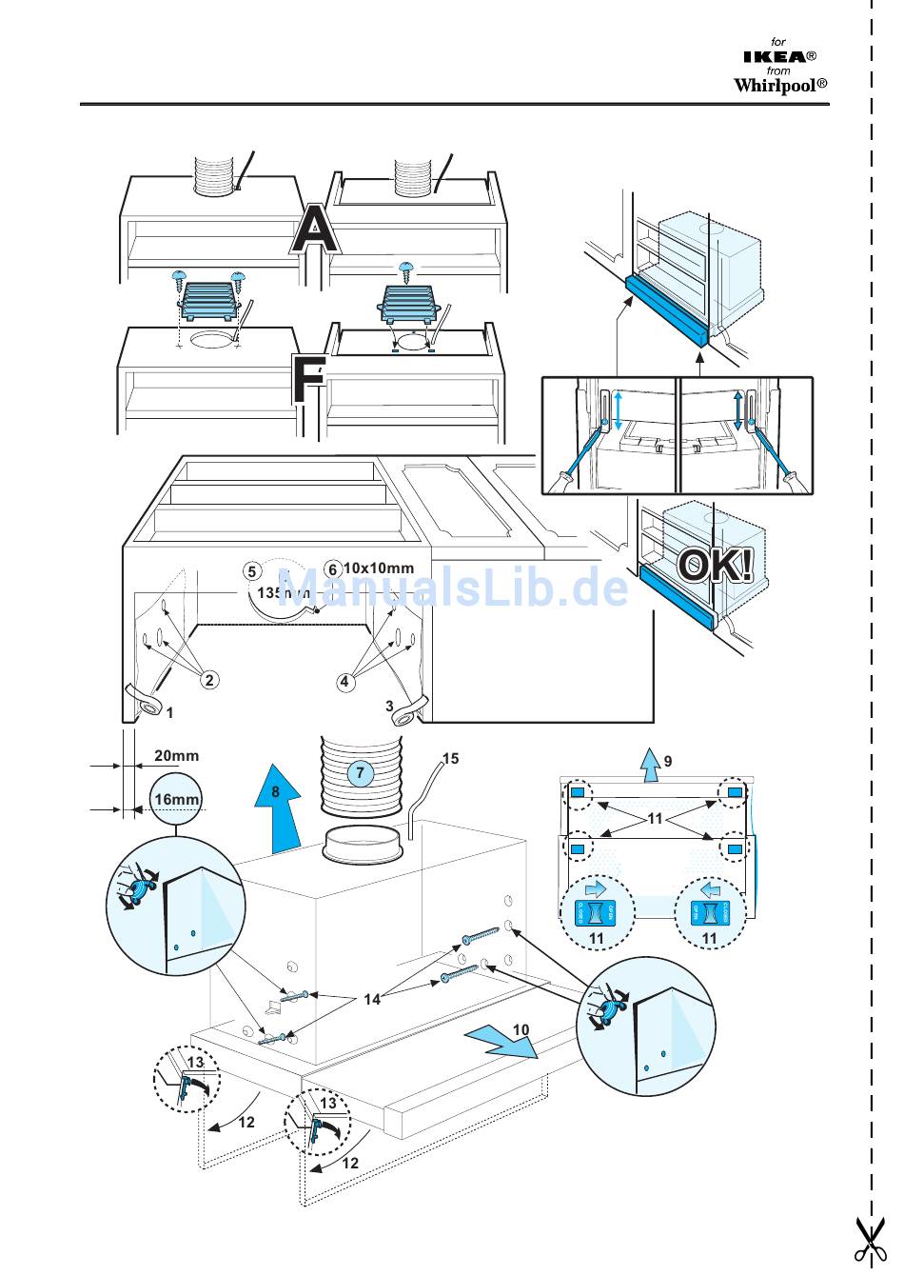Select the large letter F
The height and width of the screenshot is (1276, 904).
click(308, 380)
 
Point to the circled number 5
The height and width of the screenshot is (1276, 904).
click(252, 570)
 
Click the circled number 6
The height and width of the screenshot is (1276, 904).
click(332, 569)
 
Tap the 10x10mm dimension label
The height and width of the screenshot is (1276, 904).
click(378, 568)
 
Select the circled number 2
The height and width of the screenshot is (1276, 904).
click(209, 679)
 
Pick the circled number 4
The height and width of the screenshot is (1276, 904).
click(345, 681)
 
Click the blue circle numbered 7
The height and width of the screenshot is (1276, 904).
click(360, 773)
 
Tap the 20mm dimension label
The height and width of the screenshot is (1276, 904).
click(177, 756)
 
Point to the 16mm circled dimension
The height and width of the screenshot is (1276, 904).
click(177, 799)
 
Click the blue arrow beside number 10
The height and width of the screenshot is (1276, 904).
click(501, 1043)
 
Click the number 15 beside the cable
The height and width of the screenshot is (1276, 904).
click(450, 759)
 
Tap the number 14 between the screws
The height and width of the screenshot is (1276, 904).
click(372, 999)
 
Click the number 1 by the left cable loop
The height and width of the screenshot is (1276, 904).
click(170, 712)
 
